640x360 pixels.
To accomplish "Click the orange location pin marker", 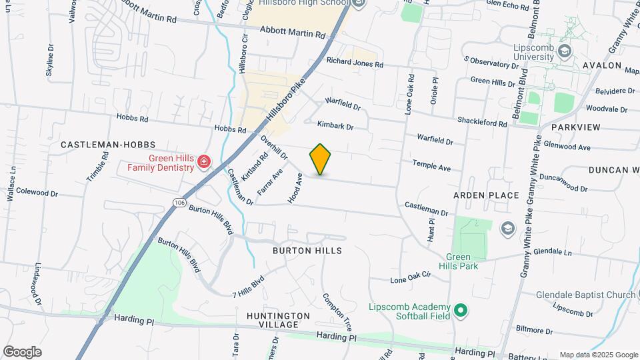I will coord(320,159).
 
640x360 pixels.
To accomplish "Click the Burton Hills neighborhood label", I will coord(307,251).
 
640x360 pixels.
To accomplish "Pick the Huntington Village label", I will coord(278,320).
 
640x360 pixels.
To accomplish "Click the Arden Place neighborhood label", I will coord(486,195).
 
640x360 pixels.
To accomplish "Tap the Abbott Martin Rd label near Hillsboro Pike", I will coord(292,31).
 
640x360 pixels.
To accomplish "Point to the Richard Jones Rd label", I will coord(355,62).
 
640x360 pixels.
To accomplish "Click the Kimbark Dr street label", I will coord(335,125).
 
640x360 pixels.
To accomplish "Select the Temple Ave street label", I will coord(431,165).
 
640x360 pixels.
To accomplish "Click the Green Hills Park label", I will coord(471,261).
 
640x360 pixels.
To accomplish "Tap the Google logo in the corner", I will coord(22,351).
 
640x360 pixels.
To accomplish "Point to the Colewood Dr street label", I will coord(38,193).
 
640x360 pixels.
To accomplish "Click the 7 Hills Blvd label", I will coord(249,286).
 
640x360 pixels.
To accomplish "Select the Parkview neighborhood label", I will coord(576,127).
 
